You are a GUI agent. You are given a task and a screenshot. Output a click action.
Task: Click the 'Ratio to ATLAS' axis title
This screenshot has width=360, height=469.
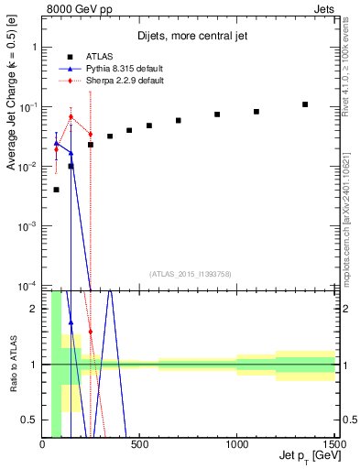pyautogui.click(x=13, y=364)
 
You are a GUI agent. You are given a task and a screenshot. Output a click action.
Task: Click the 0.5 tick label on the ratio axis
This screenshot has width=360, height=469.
pyautogui.click(x=30, y=420)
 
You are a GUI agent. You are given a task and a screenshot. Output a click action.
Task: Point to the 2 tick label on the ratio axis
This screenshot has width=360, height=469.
pyautogui.click(x=34, y=309)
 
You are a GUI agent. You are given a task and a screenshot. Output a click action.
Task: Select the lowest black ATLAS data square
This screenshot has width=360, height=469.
pyautogui.click(x=57, y=190)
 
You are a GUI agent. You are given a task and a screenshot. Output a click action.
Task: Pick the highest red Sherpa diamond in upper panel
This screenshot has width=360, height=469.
pyautogui.click(x=71, y=116)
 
